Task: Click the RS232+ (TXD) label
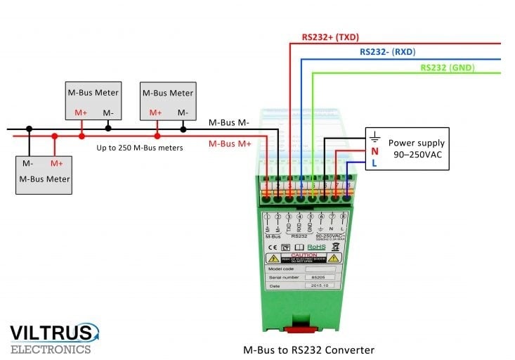331,37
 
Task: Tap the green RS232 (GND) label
448,67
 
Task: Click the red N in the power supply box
374,151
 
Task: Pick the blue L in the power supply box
374,163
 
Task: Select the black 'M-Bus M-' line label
228,122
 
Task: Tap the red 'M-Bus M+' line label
229,144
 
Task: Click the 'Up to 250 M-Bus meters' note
139,148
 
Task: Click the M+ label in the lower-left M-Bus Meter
56,163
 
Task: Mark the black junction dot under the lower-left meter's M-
29,129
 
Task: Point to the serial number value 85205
318,277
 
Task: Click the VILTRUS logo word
51,332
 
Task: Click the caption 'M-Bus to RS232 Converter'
308,349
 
